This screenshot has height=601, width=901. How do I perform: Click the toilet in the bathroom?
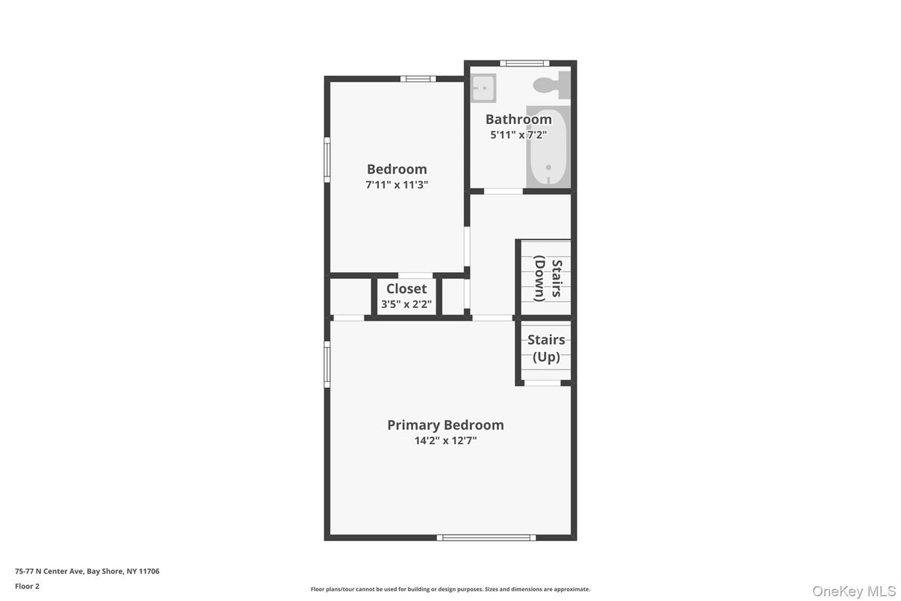pos(552,85)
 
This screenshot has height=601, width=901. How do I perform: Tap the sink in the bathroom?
pos(483,87)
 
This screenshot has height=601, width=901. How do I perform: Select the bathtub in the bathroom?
pos(548,147)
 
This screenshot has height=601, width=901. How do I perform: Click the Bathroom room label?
pos(518,119)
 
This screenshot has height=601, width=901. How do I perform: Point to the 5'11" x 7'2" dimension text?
pos(518,135)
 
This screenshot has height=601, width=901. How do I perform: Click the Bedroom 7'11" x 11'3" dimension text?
pos(397,185)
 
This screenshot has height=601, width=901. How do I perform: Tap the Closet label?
pos(406,289)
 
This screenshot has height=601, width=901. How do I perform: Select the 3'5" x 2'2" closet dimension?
pos(406,304)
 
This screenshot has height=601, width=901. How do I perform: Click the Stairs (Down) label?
pos(548,278)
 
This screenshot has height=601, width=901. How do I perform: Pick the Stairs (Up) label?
pos(546,348)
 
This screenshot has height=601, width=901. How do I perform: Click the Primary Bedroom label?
pos(445,425)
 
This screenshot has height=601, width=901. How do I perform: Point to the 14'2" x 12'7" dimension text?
pos(445,441)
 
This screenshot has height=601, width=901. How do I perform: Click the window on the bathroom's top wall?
pos(524,64)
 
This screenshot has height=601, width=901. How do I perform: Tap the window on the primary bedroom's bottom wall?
pos(486,537)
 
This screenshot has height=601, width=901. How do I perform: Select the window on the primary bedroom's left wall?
pos(327,364)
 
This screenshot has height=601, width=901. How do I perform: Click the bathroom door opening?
pos(504,191)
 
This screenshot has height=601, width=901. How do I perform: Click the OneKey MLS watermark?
pos(854,591)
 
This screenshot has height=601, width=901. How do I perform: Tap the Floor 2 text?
pos(28,586)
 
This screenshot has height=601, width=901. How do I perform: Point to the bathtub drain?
pos(548,167)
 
